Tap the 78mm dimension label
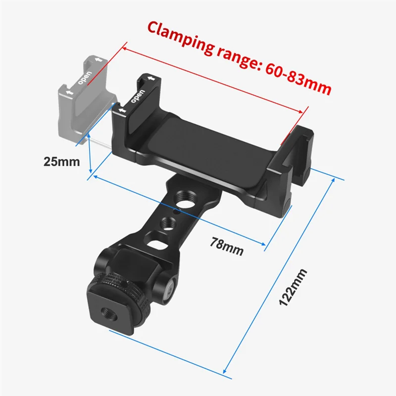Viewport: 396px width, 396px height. (227, 247)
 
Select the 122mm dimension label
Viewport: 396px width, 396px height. (293, 288)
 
